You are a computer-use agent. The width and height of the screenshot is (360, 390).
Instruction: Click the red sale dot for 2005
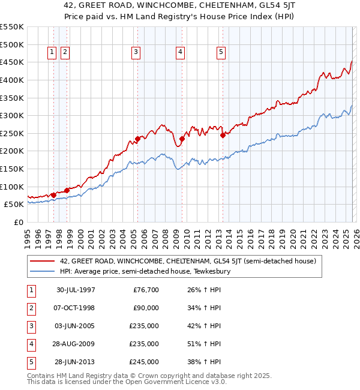[x=137, y=139]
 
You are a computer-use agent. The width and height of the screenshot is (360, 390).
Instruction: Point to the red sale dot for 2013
[x=223, y=135]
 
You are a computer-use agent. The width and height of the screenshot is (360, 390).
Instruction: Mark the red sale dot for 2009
[x=182, y=139]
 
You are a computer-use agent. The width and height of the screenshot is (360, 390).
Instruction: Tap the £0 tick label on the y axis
[x=18, y=222]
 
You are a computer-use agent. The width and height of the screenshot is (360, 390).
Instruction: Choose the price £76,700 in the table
[x=144, y=291]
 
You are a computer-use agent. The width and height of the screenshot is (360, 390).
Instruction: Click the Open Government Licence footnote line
[x=118, y=382]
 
